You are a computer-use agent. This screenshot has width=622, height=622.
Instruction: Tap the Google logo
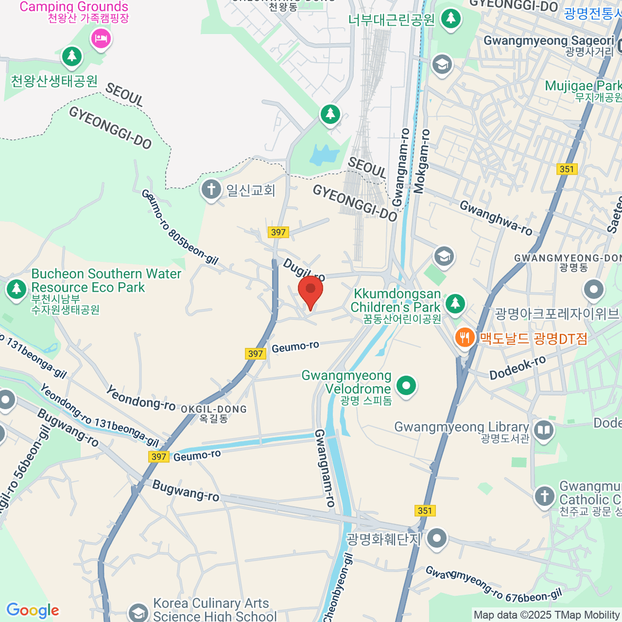click(33, 611)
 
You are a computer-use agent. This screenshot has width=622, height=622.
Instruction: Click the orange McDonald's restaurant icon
click(465, 338)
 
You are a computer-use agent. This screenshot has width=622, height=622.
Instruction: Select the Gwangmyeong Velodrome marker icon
click(406, 386)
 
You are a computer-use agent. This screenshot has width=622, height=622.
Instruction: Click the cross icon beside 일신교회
click(211, 190)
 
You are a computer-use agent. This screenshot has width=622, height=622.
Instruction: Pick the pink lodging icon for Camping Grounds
click(101, 38)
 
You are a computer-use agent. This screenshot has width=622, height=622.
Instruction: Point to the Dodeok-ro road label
click(517, 367)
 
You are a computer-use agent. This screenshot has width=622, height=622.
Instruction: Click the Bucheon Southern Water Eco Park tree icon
click(16, 289)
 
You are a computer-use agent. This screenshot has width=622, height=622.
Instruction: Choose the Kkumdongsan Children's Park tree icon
click(455, 303)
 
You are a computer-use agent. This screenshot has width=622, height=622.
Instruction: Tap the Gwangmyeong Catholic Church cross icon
click(544, 496)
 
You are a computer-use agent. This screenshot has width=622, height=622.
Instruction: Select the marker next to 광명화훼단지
click(436, 539)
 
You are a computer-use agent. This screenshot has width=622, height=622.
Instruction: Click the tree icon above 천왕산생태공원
click(72, 56)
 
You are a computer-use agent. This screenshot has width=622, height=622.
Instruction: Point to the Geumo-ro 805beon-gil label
click(179, 227)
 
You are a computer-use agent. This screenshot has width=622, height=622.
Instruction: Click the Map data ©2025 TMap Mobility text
click(546, 615)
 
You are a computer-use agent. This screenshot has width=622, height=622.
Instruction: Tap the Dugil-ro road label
click(304, 270)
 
